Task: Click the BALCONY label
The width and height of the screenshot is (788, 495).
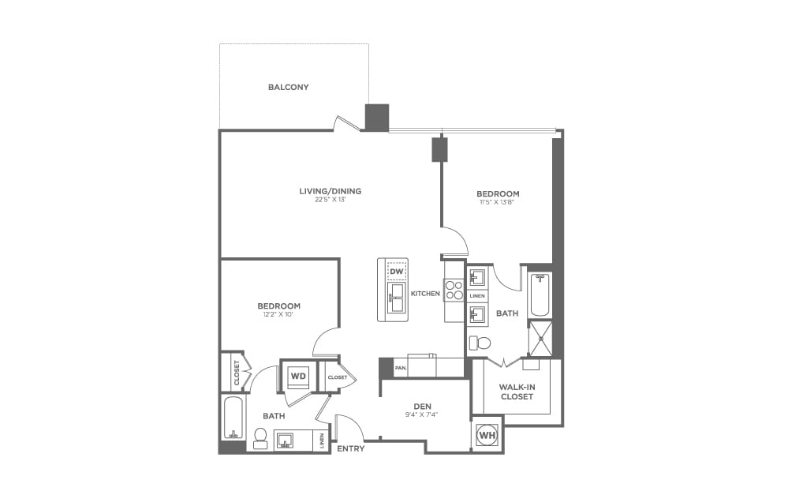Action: click(288, 87)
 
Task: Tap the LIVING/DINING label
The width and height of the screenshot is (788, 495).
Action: click(330, 191)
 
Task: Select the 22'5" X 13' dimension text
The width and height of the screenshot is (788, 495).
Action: click(330, 200)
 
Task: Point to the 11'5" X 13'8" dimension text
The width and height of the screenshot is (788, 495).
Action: click(498, 202)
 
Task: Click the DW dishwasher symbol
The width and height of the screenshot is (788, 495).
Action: click(396, 272)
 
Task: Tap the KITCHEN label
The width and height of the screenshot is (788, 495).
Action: click(425, 294)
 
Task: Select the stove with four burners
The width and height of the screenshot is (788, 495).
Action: click(454, 291)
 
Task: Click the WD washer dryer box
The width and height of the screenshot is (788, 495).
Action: click(298, 376)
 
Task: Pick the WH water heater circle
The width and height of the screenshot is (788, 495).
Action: click(487, 435)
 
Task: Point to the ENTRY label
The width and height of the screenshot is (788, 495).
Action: click(349, 448)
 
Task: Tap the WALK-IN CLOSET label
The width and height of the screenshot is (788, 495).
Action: click(517, 392)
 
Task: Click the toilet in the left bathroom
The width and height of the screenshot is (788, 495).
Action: click(260, 436)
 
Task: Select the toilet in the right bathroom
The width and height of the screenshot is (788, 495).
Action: click(480, 343)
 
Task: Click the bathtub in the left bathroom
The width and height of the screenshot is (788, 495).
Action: click(233, 417)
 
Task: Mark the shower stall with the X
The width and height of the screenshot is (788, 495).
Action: click(540, 339)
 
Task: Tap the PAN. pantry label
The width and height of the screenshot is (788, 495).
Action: click(401, 368)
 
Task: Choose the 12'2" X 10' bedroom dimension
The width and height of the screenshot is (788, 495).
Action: click(278, 315)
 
